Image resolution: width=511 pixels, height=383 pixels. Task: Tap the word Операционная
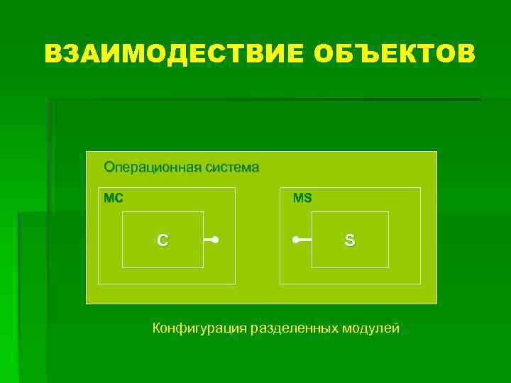152,168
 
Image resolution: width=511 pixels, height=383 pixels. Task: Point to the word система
232,168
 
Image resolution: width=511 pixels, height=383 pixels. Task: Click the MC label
113,199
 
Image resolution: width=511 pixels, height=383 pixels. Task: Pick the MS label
302,199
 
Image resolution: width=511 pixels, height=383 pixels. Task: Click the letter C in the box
163,240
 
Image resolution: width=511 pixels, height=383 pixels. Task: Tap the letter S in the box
349,240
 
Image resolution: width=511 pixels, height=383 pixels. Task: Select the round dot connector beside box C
214,240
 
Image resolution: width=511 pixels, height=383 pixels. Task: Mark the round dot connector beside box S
295,240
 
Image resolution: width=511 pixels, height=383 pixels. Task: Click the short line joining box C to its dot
209,240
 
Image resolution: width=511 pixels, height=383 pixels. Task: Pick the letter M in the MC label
109,199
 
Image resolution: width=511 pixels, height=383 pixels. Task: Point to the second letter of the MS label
307,199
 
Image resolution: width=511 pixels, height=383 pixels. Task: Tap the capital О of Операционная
109,168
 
